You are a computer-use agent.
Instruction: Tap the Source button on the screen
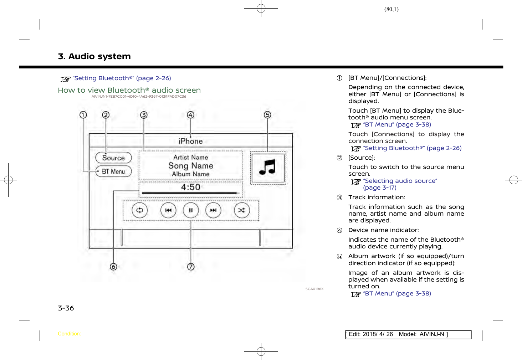[x=113, y=158]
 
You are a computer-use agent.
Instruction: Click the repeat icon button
[x=139, y=210]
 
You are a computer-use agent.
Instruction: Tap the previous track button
[x=168, y=210]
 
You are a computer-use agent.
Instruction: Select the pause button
[x=191, y=210]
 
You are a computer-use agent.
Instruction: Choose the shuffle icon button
[x=241, y=210]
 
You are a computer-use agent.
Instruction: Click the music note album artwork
[x=268, y=168]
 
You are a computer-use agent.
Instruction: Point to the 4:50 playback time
[x=190, y=187]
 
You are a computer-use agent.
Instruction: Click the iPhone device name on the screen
[x=190, y=141]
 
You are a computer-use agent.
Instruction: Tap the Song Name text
[x=191, y=166]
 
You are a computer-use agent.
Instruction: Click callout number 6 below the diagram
[x=113, y=267]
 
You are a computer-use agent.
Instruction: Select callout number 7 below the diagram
[x=191, y=267]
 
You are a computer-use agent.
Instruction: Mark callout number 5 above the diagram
[x=267, y=115]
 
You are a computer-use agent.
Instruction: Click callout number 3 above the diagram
[x=143, y=115]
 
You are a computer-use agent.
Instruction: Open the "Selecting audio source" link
[x=400, y=181]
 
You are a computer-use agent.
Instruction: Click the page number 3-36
[x=66, y=308]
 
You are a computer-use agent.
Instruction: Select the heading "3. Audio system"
[x=94, y=56]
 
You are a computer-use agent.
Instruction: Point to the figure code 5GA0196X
[x=314, y=289]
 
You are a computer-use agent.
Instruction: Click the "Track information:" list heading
[x=377, y=197]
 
